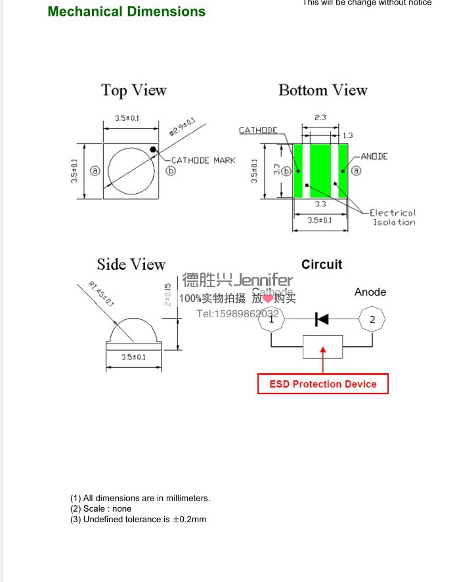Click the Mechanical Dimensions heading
(127, 12)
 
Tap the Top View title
(134, 91)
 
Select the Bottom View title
(322, 91)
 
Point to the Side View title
(131, 265)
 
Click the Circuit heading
(322, 265)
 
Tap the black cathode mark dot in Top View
(153, 150)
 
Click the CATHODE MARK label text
(203, 160)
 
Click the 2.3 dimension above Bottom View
(320, 118)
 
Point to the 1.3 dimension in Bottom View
(347, 135)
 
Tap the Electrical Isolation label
(393, 217)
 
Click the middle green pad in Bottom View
(320, 171)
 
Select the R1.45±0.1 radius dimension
(100, 294)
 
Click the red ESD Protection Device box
(322, 384)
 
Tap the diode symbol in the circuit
(322, 319)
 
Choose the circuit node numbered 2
(372, 319)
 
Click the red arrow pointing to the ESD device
(322, 359)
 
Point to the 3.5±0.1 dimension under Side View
(133, 357)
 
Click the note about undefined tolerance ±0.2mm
(138, 520)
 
